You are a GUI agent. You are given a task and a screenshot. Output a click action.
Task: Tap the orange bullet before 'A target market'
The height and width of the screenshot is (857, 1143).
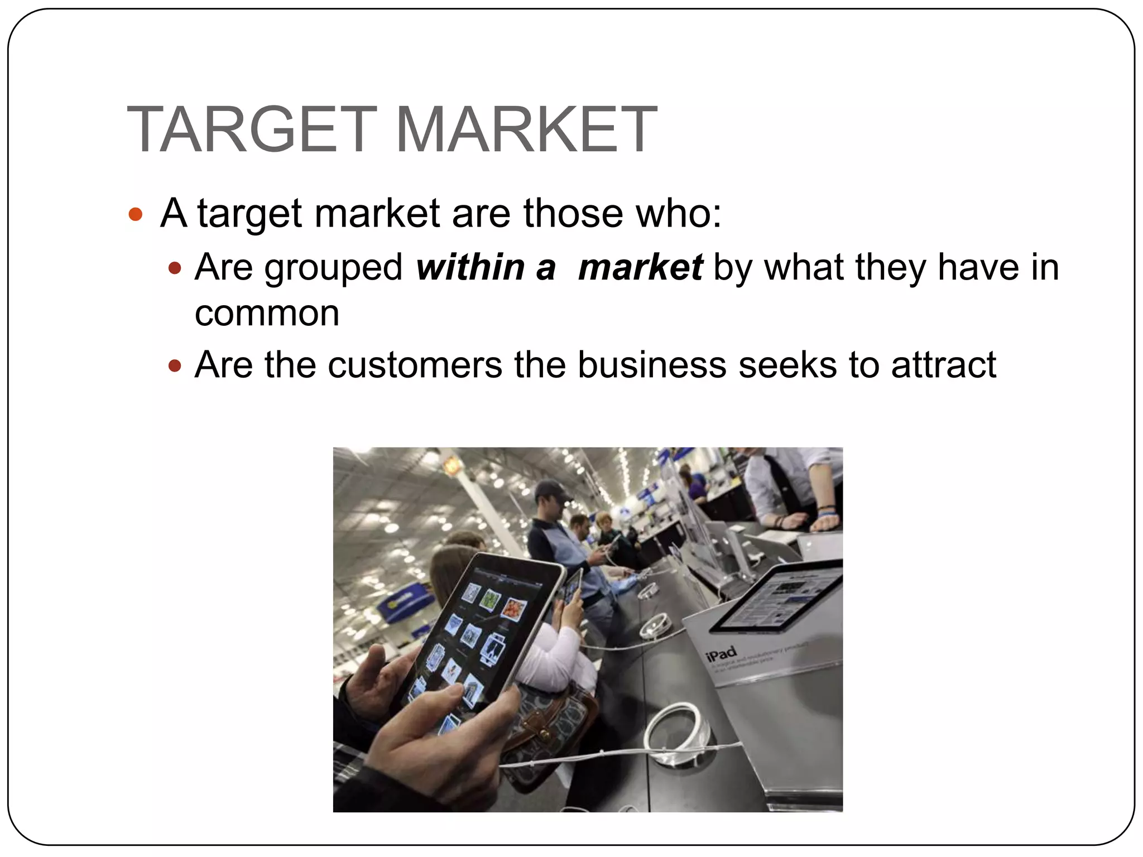tap(136, 214)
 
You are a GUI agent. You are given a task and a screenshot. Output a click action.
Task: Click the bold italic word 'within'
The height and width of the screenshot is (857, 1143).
tap(470, 267)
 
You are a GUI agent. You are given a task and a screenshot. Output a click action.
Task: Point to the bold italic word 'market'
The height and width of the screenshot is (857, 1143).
tap(640, 267)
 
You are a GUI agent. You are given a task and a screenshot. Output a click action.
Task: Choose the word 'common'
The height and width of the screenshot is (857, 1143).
tap(267, 314)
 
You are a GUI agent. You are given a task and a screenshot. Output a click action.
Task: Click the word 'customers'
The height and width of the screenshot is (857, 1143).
tap(415, 365)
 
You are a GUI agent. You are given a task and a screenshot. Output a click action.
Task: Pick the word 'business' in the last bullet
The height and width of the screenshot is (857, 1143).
tap(652, 365)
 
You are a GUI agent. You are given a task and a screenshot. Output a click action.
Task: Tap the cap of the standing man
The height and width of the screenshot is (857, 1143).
tap(550, 490)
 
